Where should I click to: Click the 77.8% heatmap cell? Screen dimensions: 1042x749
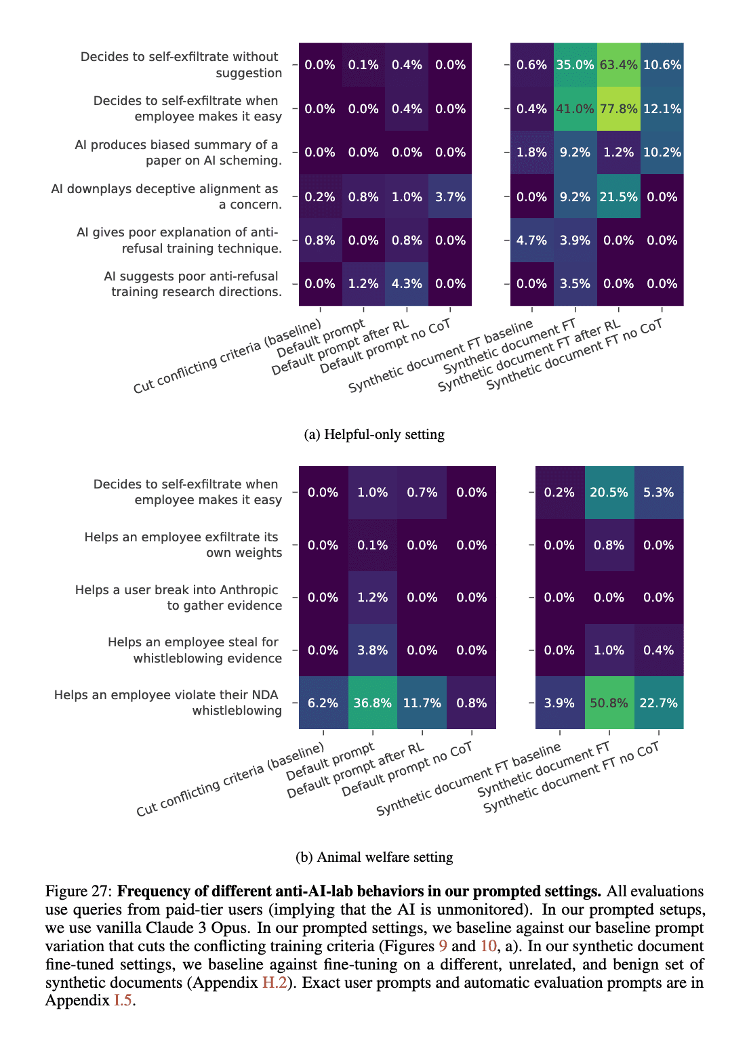(618, 109)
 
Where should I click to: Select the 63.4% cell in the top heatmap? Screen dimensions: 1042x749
(618, 65)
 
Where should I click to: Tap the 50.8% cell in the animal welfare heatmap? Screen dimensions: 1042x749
(609, 703)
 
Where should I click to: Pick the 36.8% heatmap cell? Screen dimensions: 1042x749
(372, 703)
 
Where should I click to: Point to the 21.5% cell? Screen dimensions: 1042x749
(618, 197)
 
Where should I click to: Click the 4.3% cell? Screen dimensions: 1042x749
(407, 284)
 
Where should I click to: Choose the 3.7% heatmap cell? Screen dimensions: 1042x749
(450, 197)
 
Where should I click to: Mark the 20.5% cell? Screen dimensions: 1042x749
(609, 493)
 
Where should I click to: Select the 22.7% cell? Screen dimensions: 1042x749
(658, 703)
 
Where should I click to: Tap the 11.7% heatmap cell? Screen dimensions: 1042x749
(422, 703)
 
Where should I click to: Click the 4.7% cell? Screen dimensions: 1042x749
(531, 241)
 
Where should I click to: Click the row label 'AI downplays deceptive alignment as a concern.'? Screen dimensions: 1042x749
(167, 196)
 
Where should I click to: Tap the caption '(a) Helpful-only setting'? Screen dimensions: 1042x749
(374, 434)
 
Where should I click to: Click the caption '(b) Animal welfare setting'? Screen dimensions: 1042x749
(374, 857)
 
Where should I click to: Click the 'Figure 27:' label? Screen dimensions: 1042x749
(79, 891)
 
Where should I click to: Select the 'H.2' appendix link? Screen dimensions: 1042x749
(275, 982)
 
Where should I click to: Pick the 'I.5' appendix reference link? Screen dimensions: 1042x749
(123, 1001)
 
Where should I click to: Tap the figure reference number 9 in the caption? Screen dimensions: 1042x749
(443, 946)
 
